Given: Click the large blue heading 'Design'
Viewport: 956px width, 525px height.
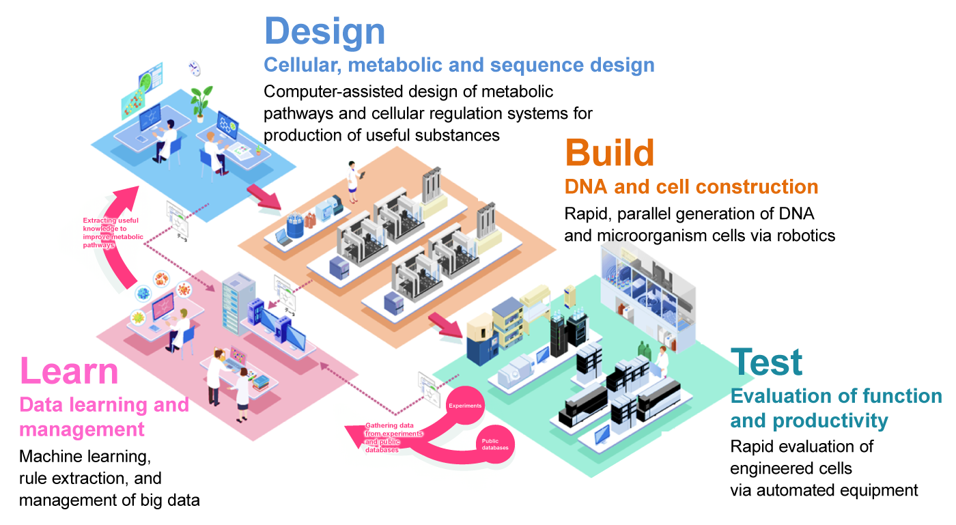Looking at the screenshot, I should [x=324, y=32].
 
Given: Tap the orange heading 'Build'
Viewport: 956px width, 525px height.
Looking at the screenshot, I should [x=609, y=154].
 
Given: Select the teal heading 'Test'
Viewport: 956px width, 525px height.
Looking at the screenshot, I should [x=766, y=363].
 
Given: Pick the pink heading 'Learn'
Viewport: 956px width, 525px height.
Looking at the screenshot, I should [x=69, y=372].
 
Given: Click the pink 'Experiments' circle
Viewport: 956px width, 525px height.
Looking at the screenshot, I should [x=465, y=406].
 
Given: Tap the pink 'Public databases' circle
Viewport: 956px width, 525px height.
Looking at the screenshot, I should [x=495, y=444].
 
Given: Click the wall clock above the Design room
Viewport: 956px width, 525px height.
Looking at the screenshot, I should [x=195, y=68].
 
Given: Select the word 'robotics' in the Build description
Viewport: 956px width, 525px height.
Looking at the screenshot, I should [x=808, y=236].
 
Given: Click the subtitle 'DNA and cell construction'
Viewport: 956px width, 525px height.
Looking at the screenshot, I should [x=691, y=186].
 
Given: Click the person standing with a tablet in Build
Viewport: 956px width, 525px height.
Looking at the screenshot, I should [x=353, y=182].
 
